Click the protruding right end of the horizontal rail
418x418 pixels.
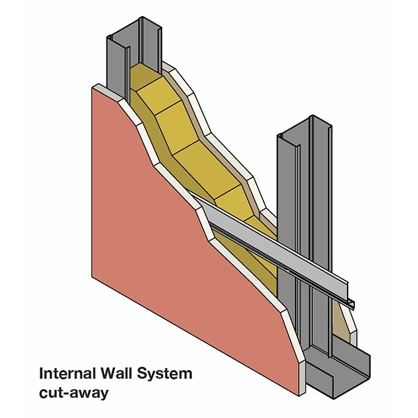(x=351, y=303)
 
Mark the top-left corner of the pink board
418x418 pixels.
(x=92, y=87)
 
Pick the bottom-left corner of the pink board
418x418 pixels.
(x=92, y=277)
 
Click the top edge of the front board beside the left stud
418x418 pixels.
(x=108, y=92)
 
